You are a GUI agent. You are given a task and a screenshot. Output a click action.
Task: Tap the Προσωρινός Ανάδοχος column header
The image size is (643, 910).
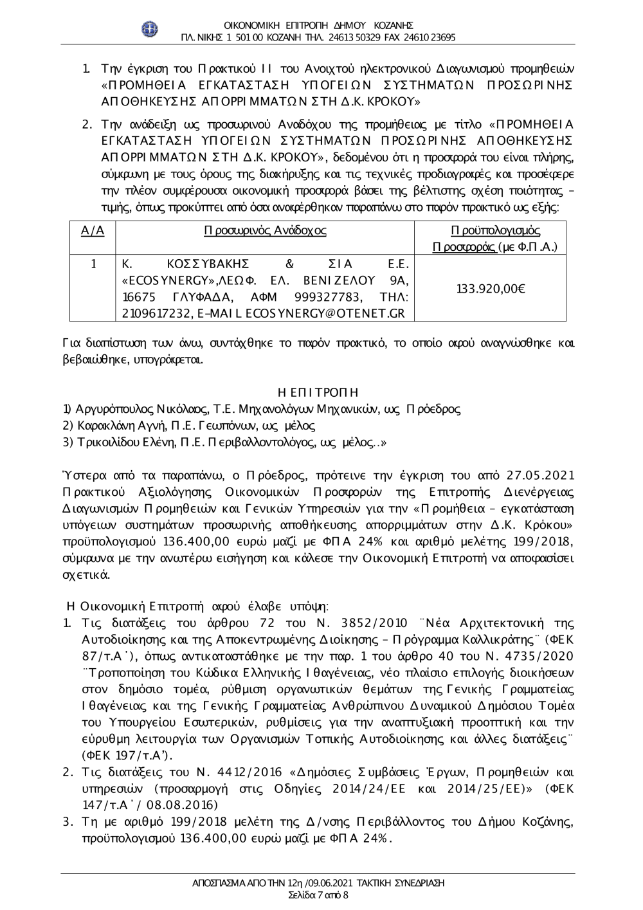[264, 231]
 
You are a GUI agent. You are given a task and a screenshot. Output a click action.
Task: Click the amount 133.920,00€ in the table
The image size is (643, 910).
[491, 289]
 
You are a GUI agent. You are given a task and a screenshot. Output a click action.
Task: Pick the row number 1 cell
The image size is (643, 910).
[93, 264]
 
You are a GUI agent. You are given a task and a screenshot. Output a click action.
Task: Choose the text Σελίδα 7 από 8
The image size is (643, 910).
[319, 895]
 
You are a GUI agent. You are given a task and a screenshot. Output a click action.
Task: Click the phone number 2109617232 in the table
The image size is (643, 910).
[152, 313]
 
